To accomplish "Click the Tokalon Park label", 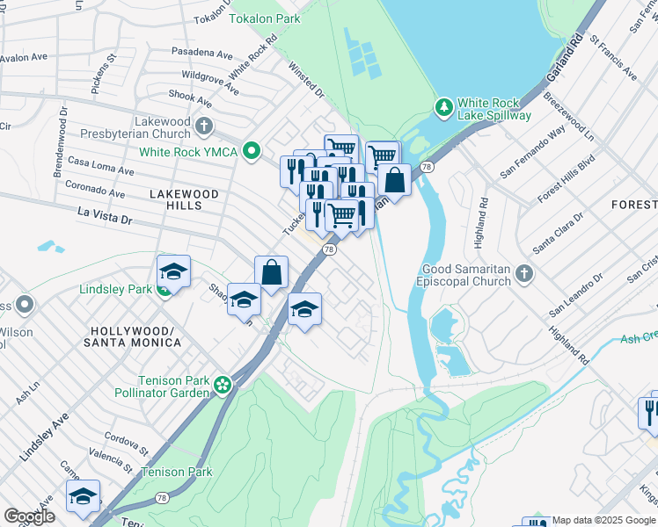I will [264, 18].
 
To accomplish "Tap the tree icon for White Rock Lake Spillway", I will [445, 107].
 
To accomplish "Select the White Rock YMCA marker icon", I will [252, 152].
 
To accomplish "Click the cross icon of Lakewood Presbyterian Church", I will [204, 126].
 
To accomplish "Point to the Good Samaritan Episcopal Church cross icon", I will [524, 274].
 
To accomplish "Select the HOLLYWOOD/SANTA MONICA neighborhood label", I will [135, 336].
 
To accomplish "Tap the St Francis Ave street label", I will [613, 58].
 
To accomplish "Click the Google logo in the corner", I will [29, 516].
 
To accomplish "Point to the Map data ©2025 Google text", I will [603, 520].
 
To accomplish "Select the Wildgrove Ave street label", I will [210, 83].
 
